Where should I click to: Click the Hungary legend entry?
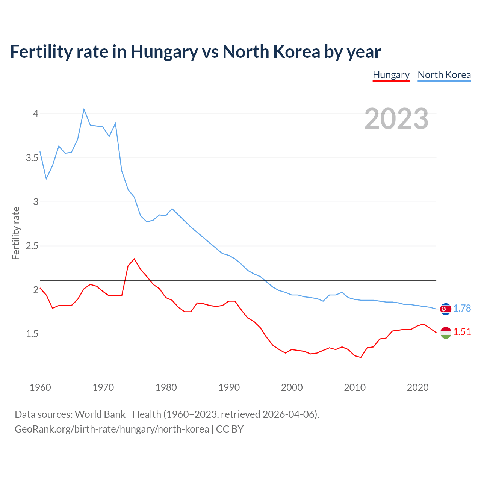tap(391, 75)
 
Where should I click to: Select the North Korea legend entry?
tap(444, 75)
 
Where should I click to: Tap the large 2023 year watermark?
tap(396, 119)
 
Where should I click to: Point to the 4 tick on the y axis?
tap(36, 113)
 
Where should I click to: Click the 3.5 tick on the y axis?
tap(32, 158)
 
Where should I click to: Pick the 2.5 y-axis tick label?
tap(32, 246)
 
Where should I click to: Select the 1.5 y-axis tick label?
tap(32, 334)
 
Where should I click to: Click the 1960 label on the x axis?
tap(40, 387)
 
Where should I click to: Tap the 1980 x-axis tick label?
tap(166, 387)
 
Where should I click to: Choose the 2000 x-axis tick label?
tap(292, 387)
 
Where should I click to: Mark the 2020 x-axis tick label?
tap(417, 387)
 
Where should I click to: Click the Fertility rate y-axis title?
tap(16, 233)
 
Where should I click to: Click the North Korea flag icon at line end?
tap(446, 309)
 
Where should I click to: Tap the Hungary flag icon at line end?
tap(446, 333)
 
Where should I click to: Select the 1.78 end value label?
tap(462, 308)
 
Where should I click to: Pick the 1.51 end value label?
tap(462, 332)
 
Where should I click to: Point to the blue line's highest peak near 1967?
tap(84, 109)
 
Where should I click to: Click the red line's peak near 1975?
tap(134, 259)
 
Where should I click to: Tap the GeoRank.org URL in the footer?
tap(112, 429)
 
